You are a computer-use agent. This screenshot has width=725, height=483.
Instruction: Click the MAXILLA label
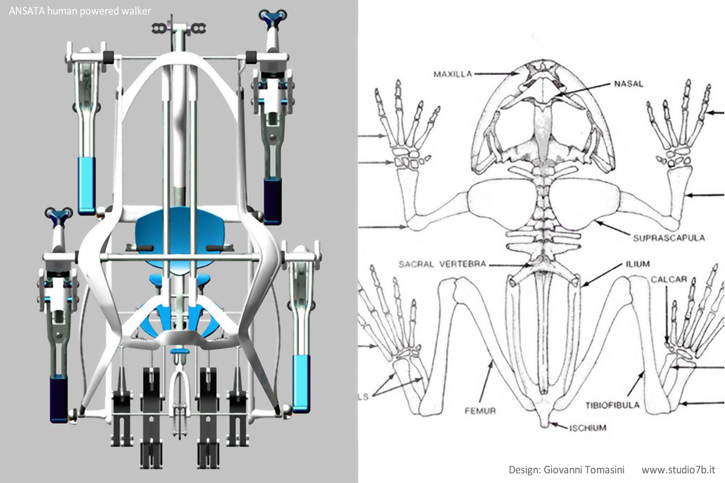click(x=453, y=74)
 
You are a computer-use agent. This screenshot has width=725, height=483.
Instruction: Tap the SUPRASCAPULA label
click(x=668, y=237)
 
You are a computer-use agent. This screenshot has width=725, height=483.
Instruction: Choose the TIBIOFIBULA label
click(x=612, y=405)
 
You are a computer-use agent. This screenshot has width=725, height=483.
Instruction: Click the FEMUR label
click(x=481, y=411)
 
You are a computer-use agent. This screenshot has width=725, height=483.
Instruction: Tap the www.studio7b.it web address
click(x=678, y=469)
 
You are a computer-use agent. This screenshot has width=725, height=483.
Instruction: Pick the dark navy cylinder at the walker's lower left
click(x=59, y=398)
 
